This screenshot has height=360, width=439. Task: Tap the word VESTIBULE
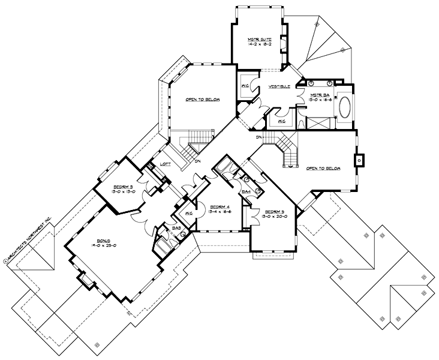coord(279,86)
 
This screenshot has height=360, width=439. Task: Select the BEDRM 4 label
coord(220,206)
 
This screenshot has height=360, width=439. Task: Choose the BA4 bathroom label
coord(245,192)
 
